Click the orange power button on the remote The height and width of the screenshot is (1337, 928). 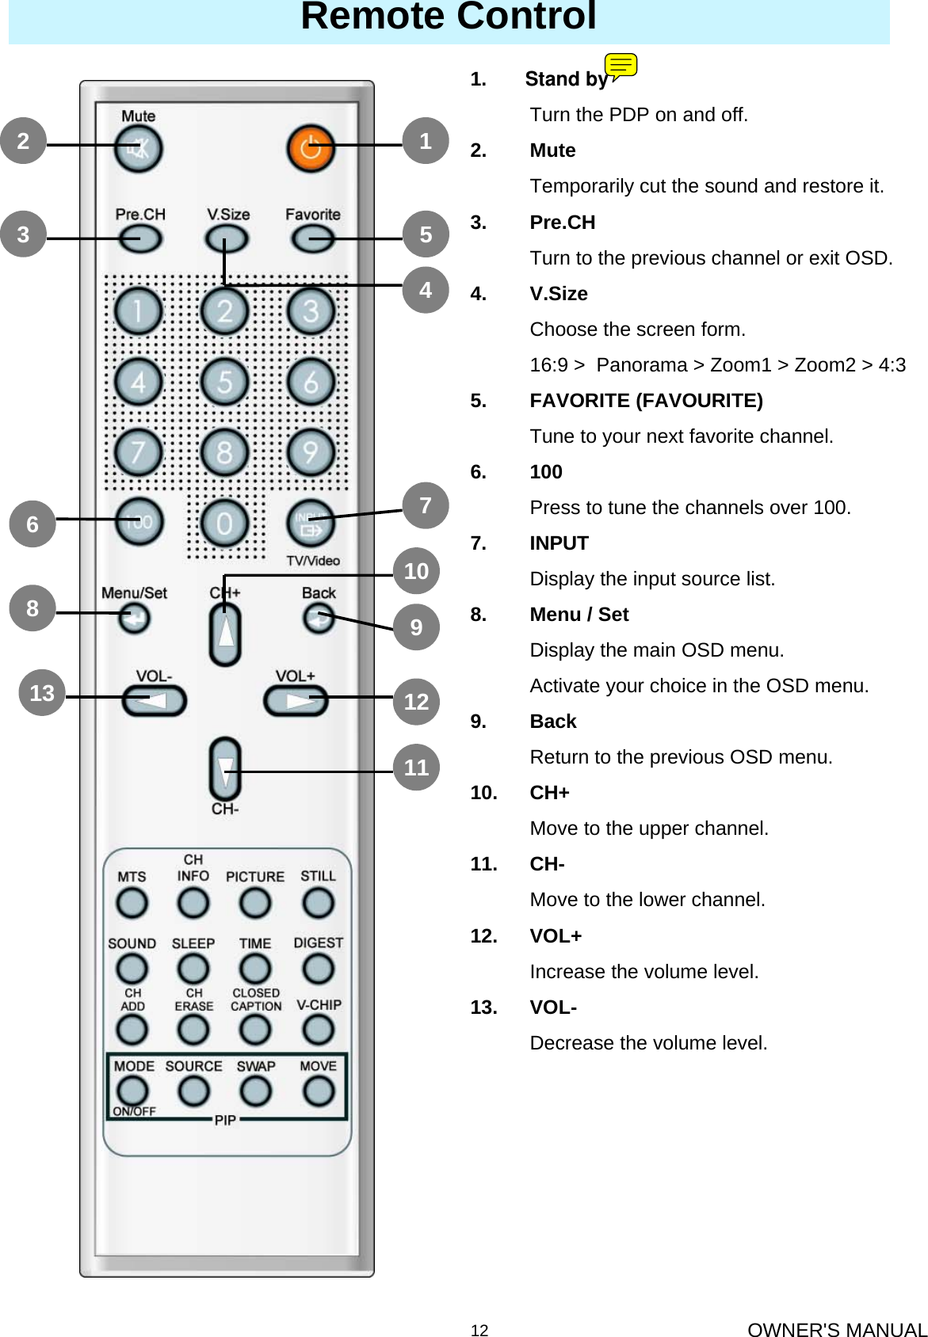(309, 147)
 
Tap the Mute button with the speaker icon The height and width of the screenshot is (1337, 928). (138, 148)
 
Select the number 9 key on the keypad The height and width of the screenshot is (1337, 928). (311, 452)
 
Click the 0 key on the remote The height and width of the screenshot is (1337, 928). (224, 523)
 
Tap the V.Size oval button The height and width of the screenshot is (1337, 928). (226, 238)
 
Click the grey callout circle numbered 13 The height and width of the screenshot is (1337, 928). (42, 693)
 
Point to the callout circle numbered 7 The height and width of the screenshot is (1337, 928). (426, 505)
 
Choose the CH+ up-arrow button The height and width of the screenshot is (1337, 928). (225, 634)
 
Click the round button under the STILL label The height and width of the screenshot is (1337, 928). (318, 902)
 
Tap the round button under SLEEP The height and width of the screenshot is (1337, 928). (193, 968)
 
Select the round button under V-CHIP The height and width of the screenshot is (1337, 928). (318, 1029)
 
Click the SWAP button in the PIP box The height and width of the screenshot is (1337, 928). (255, 1091)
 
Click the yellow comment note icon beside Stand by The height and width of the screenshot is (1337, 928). (621, 66)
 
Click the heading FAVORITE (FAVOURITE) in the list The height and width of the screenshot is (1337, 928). (646, 401)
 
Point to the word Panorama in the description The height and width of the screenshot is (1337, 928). (641, 365)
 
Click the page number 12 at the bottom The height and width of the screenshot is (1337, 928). (479, 1330)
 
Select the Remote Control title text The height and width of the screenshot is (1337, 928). (449, 17)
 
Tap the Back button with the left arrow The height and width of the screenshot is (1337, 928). (319, 619)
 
